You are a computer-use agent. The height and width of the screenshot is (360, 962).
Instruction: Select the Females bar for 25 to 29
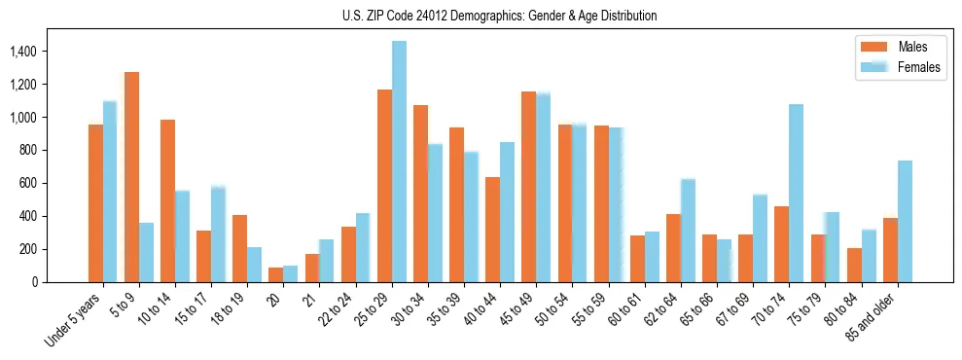coord(399,162)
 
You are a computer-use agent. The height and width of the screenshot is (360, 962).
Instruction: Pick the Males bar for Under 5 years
coord(95,203)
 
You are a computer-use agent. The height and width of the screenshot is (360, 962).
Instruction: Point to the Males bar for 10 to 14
coord(167,200)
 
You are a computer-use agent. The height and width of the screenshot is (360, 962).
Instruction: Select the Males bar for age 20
coord(275,274)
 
